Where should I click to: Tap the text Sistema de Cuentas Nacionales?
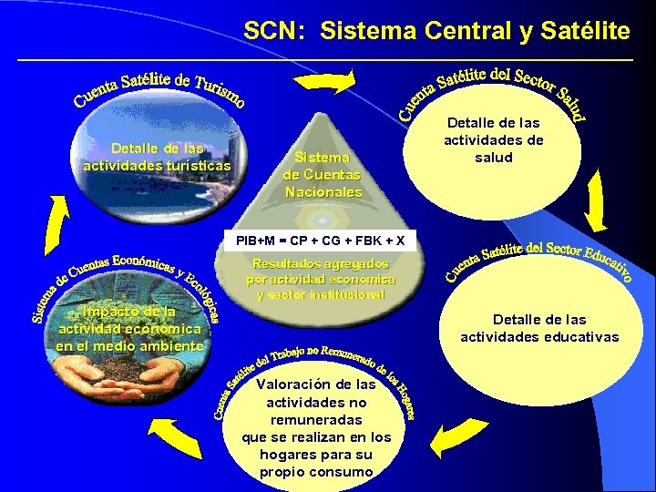point(323,175)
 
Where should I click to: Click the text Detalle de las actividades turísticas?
point(157,157)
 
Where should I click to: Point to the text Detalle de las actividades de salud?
point(493,139)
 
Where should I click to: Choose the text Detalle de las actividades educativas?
point(539,328)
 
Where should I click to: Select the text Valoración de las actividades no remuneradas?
point(316,410)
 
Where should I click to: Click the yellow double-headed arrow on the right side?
point(595,201)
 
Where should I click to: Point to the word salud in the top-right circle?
point(493,158)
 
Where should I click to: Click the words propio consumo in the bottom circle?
point(316,471)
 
